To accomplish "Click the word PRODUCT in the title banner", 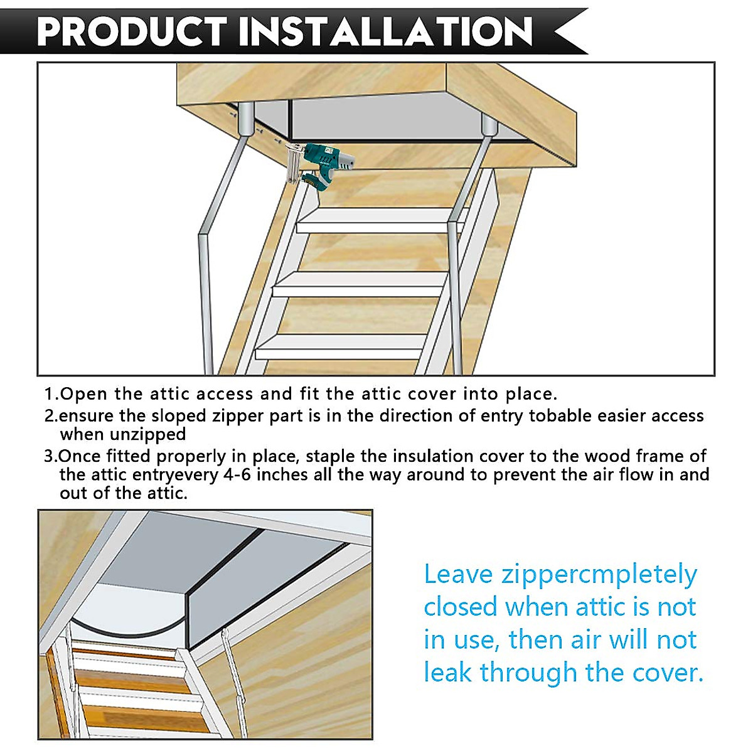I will [x=132, y=31].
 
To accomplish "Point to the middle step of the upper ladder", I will [x=358, y=284].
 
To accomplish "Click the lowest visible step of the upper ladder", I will [x=342, y=346].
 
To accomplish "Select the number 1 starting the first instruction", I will [x=48, y=395].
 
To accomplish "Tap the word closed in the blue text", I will [x=461, y=607].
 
